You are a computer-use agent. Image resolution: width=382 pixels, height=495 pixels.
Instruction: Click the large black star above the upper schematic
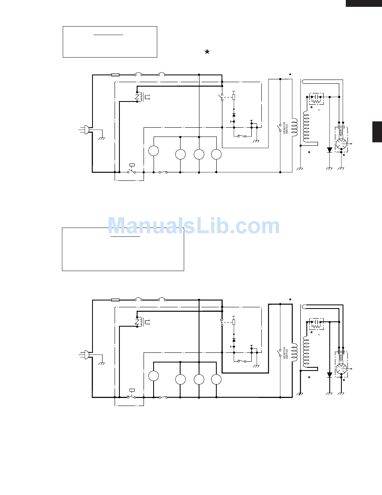click(207, 52)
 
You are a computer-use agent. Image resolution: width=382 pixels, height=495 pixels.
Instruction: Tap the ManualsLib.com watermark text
click(194, 226)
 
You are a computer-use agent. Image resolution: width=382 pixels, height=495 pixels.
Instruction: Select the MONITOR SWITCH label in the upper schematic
click(285, 128)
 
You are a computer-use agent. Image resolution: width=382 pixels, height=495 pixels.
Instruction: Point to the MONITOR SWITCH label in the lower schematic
click(285, 353)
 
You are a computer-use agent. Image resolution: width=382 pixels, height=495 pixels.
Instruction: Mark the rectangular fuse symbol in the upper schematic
click(115, 75)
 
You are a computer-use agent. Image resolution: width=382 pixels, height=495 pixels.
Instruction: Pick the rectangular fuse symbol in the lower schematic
click(115, 300)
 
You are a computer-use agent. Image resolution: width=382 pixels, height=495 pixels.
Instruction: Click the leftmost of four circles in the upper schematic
click(154, 151)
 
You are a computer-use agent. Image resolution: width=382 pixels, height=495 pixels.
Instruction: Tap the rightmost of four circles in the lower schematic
click(216, 379)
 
